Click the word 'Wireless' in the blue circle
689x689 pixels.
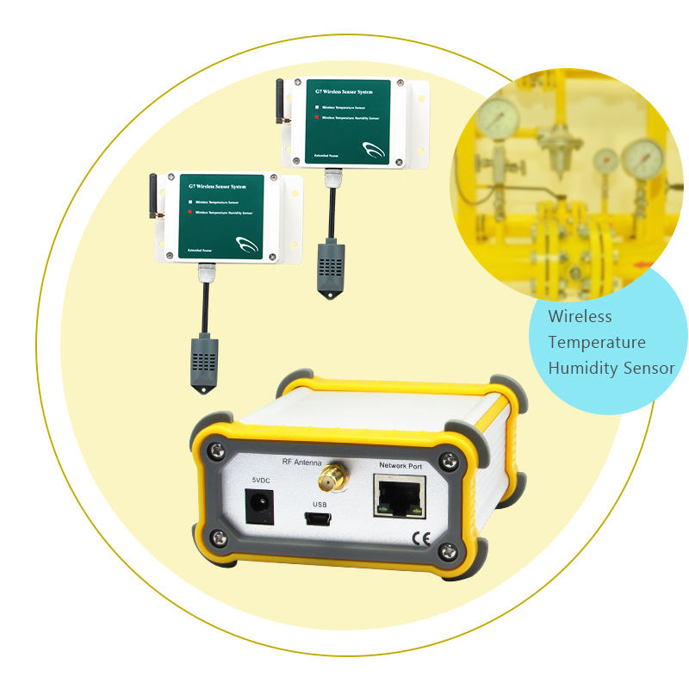pyautogui.click(x=580, y=316)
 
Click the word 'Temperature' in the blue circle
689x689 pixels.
pyautogui.click(x=597, y=343)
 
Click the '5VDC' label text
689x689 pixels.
pyautogui.click(x=261, y=479)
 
